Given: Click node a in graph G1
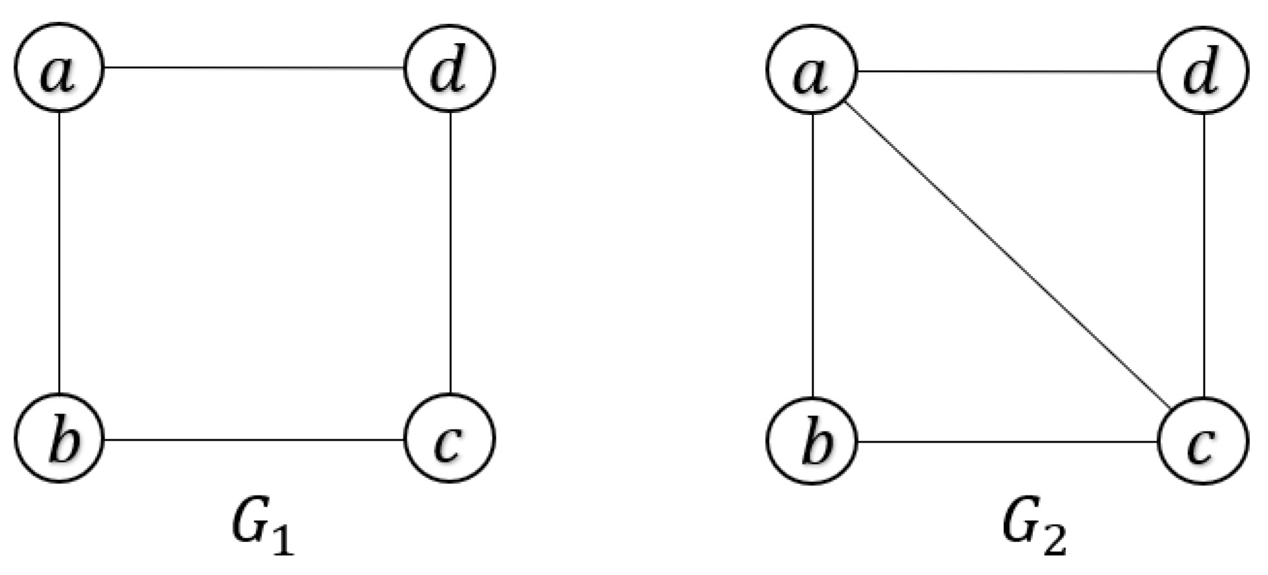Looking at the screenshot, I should point(59,67).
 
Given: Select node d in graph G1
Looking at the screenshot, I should point(449,68).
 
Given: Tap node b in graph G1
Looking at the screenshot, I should point(59,438).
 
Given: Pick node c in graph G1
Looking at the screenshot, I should point(449,439).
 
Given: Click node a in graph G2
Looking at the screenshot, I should point(812,70).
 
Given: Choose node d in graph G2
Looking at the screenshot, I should point(1203,70).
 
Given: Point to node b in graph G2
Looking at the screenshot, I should point(812,441).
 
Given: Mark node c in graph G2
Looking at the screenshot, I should point(1203,441).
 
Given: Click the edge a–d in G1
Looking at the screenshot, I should point(254,67).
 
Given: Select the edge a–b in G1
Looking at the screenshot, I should point(59,252).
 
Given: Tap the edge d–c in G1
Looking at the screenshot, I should point(450,252).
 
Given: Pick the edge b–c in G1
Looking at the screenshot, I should point(254,439).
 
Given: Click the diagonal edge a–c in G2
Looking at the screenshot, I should point(1007,255).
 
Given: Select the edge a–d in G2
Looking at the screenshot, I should point(1007,72).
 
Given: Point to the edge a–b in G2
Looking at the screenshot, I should point(812,255).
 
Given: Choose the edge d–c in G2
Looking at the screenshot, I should point(1203,255).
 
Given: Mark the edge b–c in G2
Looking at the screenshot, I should point(1007,443).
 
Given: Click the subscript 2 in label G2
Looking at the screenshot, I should point(1054,541).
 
